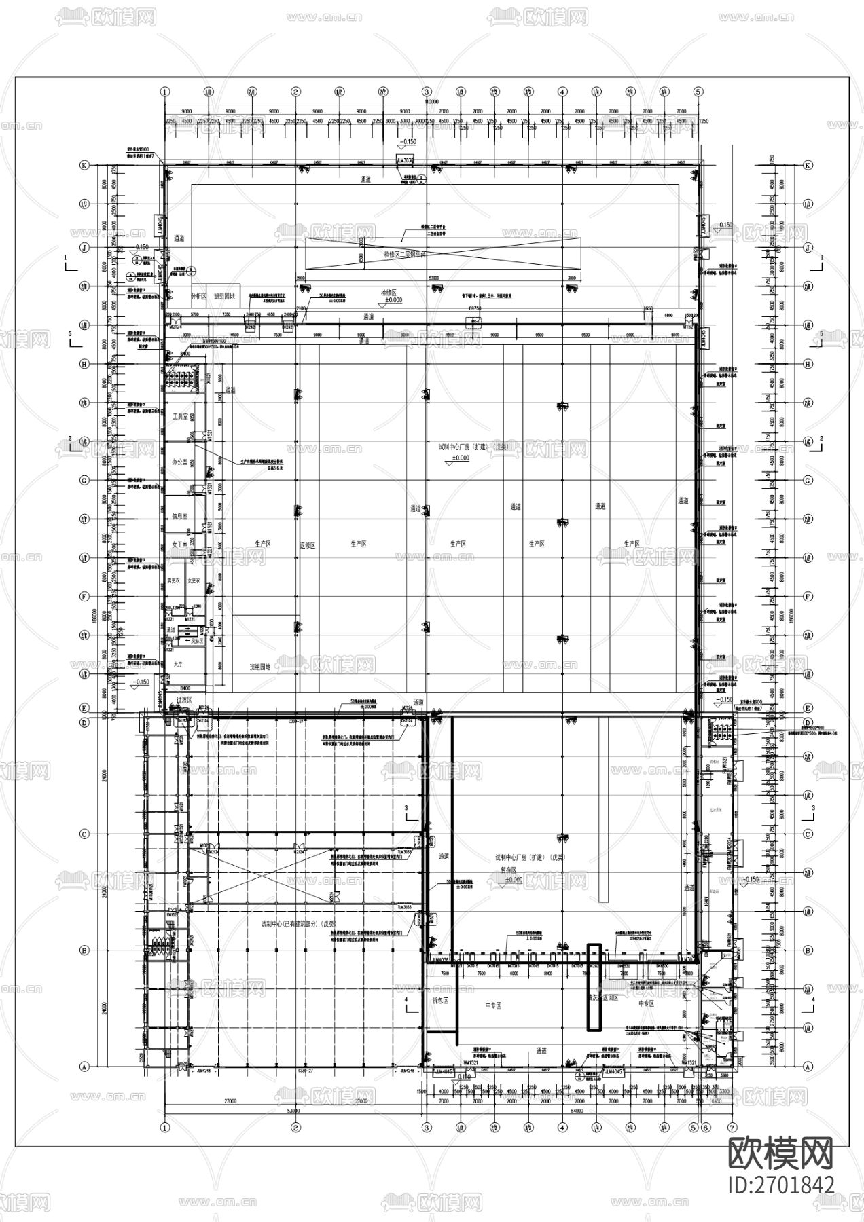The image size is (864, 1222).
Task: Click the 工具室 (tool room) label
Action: [179, 416]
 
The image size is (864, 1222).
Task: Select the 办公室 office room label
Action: [179, 461]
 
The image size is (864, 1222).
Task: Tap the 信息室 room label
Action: [179, 517]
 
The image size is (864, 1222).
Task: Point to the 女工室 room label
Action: [179, 544]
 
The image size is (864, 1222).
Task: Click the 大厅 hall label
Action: [178, 665]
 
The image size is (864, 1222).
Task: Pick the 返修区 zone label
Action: [308, 544]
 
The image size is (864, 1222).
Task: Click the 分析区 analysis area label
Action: [198, 296]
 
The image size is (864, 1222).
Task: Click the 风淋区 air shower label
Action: [198, 640]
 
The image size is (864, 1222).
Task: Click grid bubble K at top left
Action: [85, 165]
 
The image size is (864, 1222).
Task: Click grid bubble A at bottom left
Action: [85, 1067]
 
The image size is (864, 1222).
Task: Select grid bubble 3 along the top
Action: [427, 91]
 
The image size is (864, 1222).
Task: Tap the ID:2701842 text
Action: [780, 1185]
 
